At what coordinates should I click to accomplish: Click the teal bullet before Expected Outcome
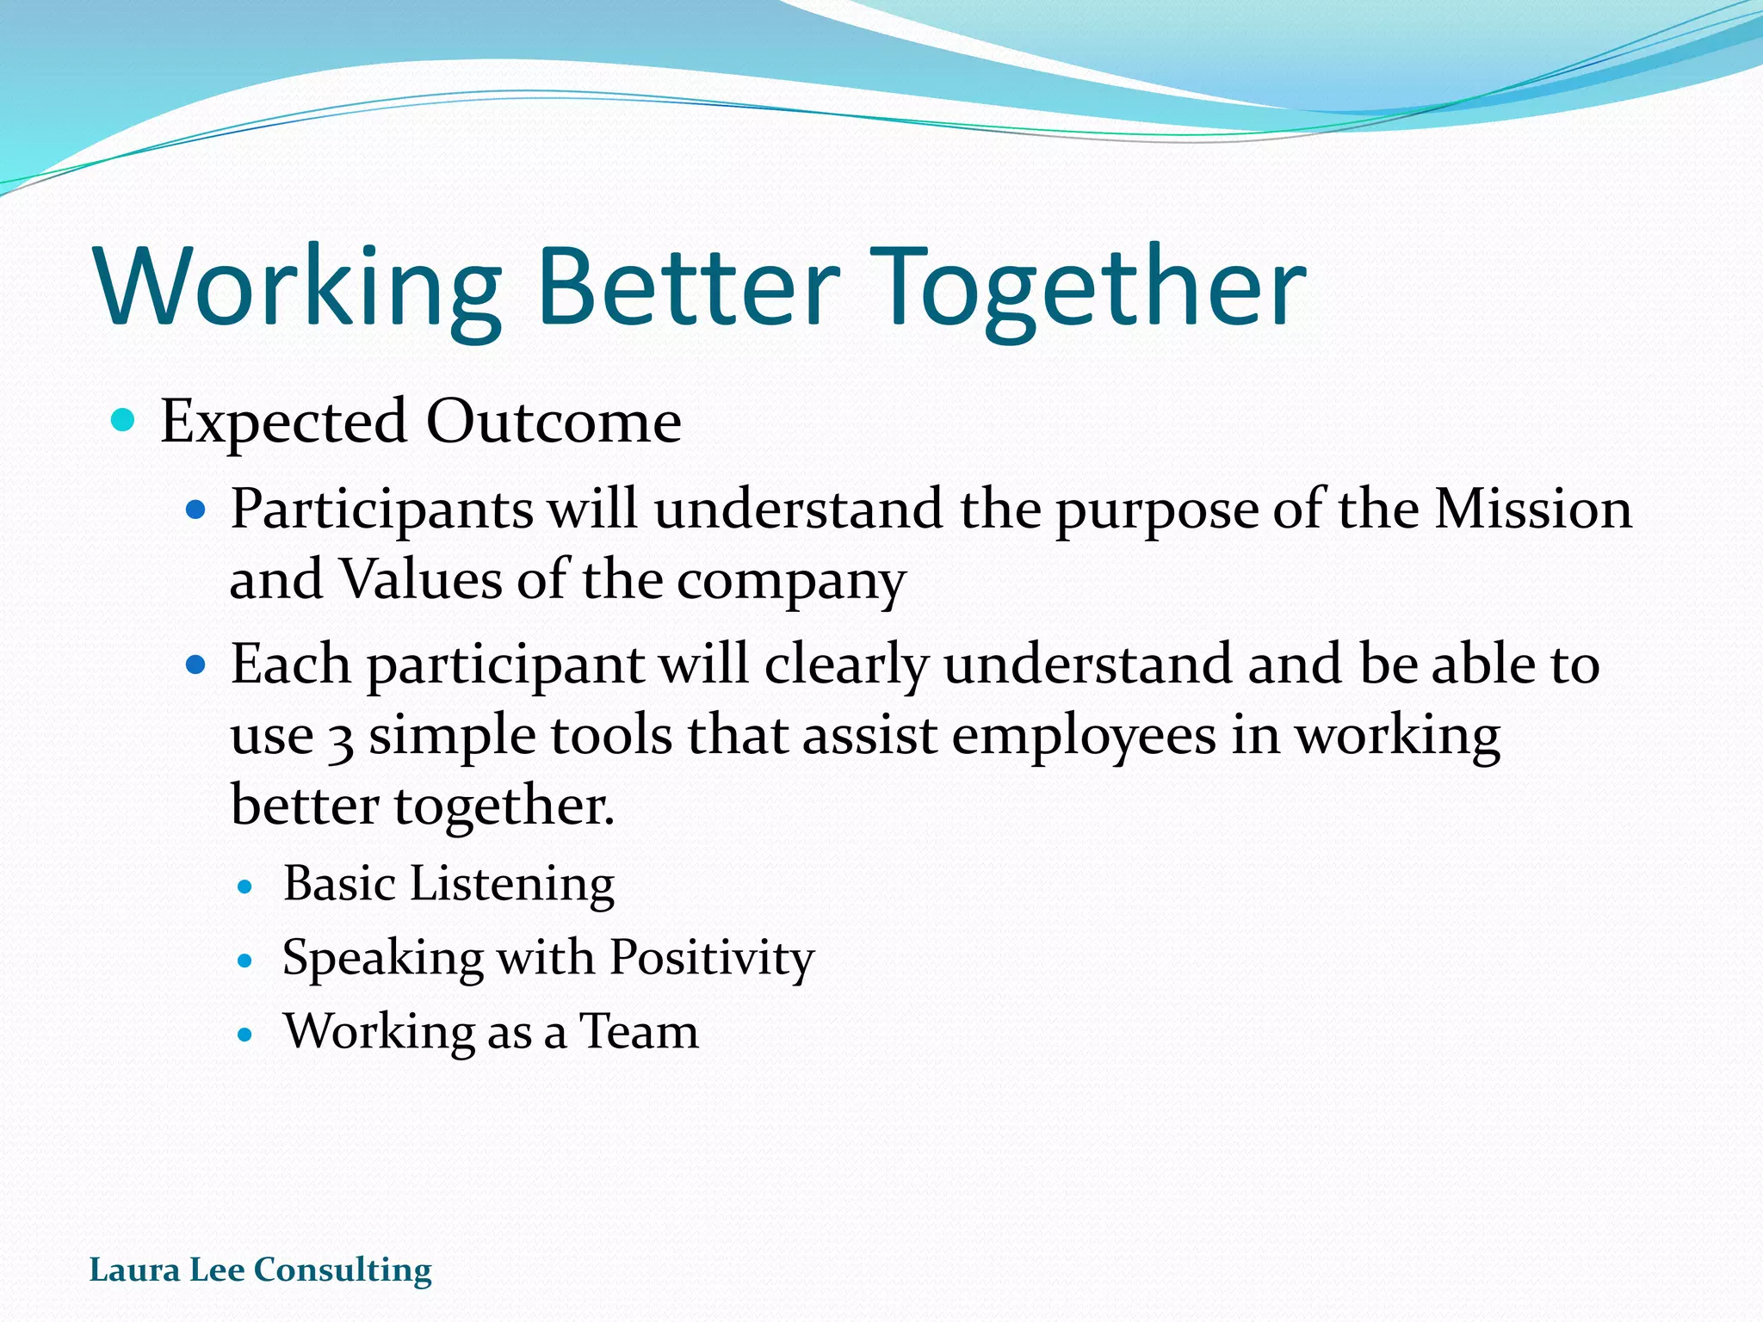[x=124, y=421]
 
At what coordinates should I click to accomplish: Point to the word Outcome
[x=554, y=422]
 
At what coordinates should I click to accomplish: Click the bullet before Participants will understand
[x=196, y=510]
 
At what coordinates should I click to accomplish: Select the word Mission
[x=1532, y=509]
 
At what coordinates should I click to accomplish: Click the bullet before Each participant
[x=196, y=665]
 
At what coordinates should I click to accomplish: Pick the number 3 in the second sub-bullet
[x=341, y=738]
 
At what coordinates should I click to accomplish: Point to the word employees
[x=1083, y=738]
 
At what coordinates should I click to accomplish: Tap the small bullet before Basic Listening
[x=246, y=886]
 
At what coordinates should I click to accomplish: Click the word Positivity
[x=711, y=958]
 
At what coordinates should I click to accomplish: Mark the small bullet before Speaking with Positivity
[x=246, y=961]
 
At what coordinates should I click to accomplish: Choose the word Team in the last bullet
[x=638, y=1031]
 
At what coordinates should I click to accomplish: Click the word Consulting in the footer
[x=343, y=1270]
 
